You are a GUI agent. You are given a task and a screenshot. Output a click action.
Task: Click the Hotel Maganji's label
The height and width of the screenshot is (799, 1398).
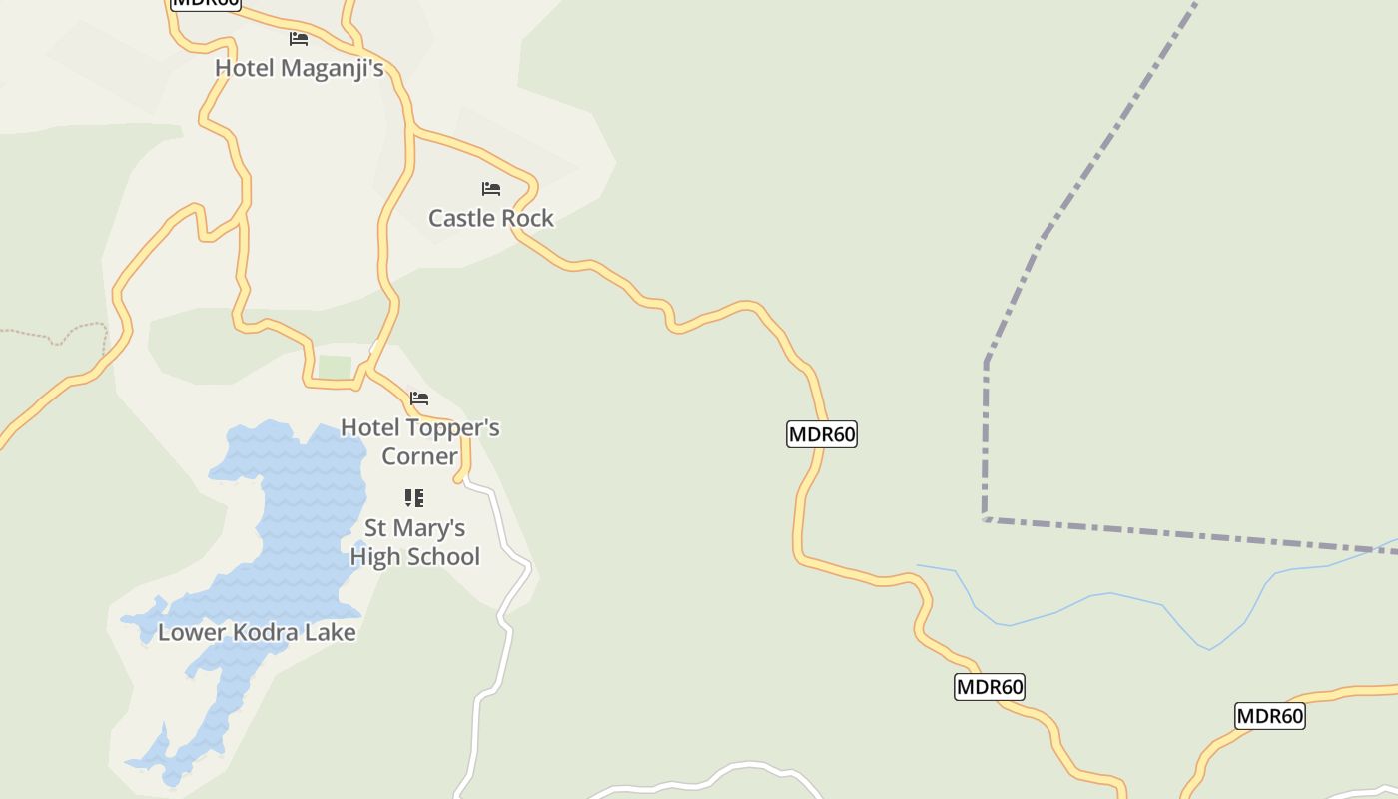(x=300, y=68)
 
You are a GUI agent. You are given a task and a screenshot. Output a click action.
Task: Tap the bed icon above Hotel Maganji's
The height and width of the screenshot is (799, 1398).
(x=299, y=39)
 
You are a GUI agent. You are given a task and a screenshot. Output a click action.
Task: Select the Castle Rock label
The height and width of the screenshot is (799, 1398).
(x=490, y=218)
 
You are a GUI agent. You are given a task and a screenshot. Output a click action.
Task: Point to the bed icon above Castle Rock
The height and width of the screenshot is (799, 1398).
(x=490, y=188)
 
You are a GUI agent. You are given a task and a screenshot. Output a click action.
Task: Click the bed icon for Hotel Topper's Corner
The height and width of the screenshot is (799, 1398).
(x=419, y=398)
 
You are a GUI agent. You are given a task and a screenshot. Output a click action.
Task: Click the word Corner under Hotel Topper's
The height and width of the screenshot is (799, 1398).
(x=419, y=456)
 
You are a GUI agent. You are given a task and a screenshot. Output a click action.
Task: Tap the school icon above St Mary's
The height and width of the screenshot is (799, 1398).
(x=414, y=497)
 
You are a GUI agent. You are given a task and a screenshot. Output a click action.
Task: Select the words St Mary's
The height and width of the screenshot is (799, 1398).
(x=414, y=527)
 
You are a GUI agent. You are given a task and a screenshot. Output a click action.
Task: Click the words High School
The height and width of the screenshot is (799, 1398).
(x=414, y=556)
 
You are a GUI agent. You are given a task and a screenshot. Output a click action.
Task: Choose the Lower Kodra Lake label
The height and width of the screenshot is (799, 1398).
(x=257, y=632)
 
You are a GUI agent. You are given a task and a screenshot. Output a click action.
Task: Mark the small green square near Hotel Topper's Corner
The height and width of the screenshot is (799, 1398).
(x=335, y=367)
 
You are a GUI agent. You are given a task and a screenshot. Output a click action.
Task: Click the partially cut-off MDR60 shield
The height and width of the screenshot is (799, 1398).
(x=205, y=3)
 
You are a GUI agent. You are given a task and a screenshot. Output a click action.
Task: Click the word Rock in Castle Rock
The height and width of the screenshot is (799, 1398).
(x=528, y=218)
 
